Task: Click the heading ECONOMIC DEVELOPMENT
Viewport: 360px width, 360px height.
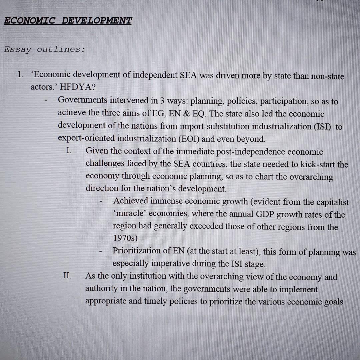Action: pyautogui.click(x=68, y=21)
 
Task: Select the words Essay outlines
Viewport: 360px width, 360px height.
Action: pyautogui.click(x=44, y=50)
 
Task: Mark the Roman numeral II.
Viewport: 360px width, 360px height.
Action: pyautogui.click(x=67, y=276)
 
